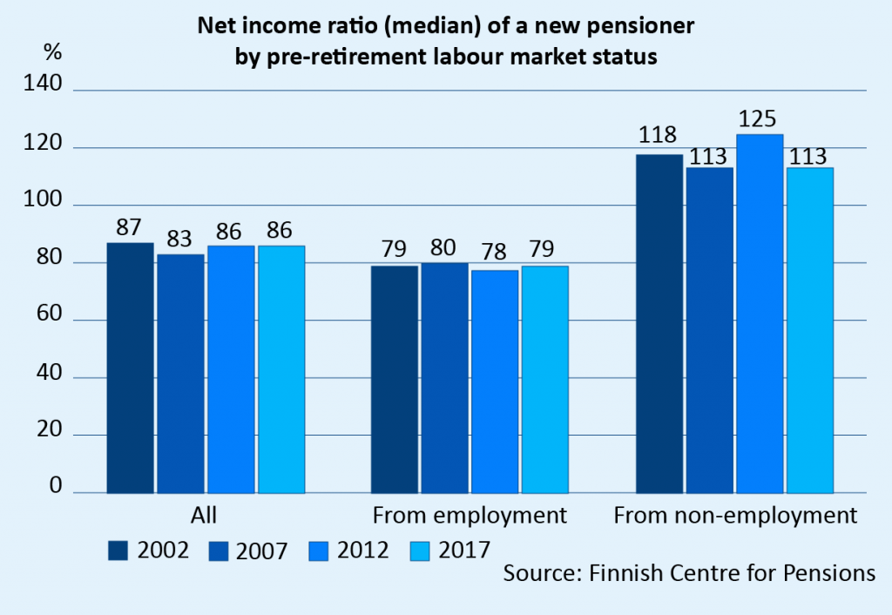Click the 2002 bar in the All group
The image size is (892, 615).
130,368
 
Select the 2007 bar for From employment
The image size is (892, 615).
444,377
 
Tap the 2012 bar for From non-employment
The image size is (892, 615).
760,314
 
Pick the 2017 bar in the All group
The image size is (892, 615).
281,369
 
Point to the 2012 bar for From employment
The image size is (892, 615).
495,381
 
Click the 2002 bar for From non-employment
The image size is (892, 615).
659,323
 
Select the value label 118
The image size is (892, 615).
658,137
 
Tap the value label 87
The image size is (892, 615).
129,228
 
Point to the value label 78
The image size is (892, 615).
494,252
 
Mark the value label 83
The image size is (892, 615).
179,238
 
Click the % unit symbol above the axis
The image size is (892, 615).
53,51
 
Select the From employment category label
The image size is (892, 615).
470,516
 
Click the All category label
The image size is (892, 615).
204,516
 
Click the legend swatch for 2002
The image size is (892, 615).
118,550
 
